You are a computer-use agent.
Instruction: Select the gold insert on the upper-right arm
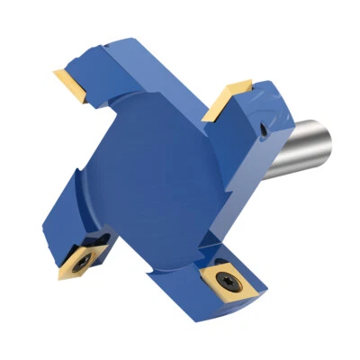(x=226, y=100)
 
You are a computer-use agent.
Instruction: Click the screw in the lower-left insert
(x=79, y=259)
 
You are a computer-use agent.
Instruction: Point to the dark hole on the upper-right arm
(x=261, y=135)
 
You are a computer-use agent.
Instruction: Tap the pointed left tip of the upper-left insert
(x=54, y=71)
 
